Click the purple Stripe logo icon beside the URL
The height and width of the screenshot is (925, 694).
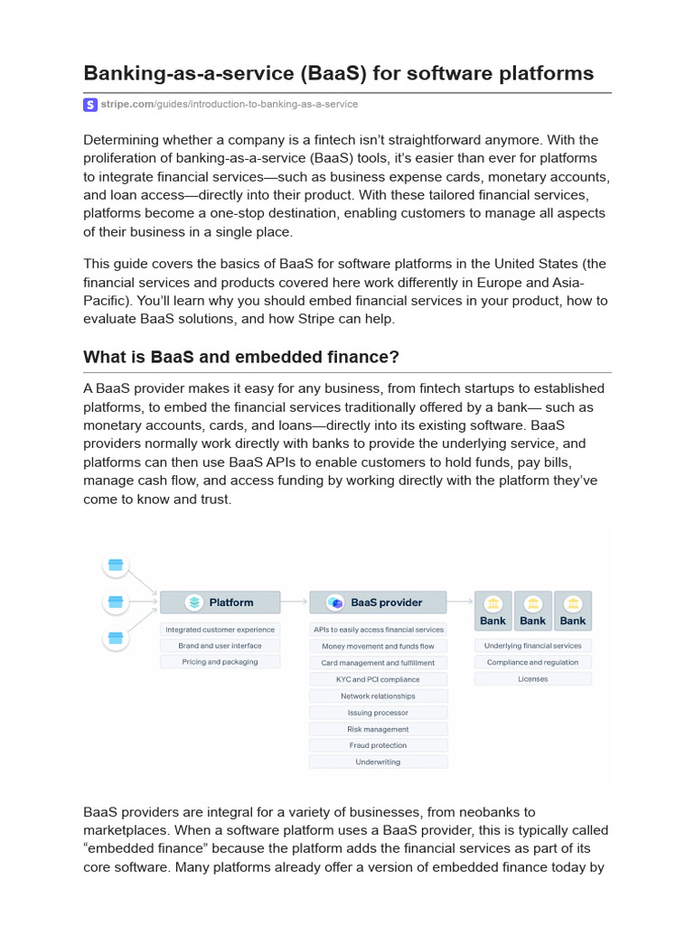90,105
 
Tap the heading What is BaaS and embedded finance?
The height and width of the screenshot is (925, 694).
240,357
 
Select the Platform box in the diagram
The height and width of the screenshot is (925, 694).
220,602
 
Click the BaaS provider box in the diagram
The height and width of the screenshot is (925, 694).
378,602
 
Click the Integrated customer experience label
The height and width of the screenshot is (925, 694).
220,630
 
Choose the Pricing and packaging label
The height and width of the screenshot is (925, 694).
220,662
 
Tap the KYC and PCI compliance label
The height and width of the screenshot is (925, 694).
378,678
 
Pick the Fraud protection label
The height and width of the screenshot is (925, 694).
378,745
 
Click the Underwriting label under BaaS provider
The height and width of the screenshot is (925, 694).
378,761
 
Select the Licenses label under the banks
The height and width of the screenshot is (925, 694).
532,678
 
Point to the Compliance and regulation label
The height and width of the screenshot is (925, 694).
532,662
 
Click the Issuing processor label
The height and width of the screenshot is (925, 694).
378,713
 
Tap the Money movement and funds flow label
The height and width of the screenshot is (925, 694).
378,646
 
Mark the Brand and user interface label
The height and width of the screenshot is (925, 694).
220,646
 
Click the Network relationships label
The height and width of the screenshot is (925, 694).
378,696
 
